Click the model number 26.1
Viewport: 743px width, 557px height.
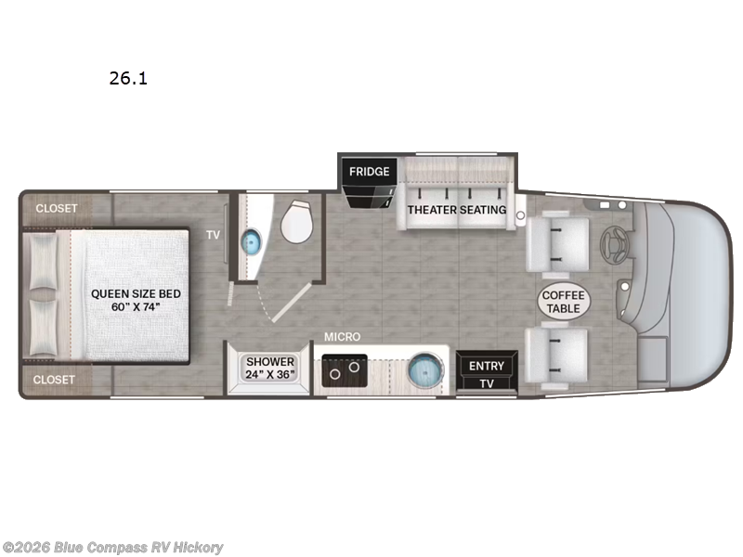point(128,79)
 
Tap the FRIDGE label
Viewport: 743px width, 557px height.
point(370,171)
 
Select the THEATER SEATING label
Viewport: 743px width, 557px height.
point(457,209)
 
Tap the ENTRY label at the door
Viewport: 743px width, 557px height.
point(486,366)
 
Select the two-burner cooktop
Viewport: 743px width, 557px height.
point(343,373)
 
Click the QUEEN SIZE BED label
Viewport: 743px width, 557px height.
point(136,300)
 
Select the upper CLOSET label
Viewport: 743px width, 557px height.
point(57,208)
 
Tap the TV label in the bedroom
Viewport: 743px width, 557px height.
point(213,235)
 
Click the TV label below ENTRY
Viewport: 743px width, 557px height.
point(486,383)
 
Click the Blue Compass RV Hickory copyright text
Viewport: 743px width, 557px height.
point(113,548)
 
